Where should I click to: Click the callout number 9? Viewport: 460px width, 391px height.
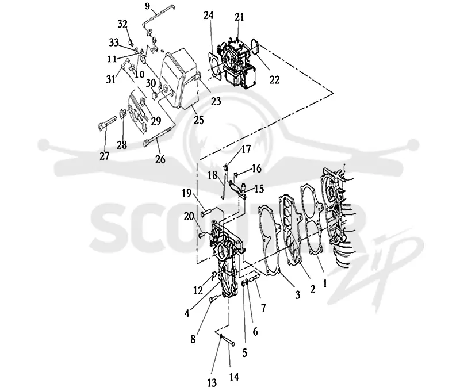(x=147, y=6)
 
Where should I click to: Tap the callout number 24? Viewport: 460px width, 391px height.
(x=209, y=16)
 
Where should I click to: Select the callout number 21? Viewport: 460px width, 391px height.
(x=239, y=17)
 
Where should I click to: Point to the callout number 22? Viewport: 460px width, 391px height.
(x=275, y=80)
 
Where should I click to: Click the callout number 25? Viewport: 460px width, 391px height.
(x=199, y=120)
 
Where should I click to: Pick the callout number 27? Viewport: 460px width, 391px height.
(x=105, y=156)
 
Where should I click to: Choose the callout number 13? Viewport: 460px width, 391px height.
(x=212, y=382)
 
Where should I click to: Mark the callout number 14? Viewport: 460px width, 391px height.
(x=234, y=377)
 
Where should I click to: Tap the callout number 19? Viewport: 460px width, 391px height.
(x=186, y=193)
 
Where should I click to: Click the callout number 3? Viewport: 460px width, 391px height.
(x=298, y=294)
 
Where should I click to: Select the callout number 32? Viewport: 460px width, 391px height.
(x=122, y=24)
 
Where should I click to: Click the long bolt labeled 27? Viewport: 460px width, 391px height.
(x=107, y=123)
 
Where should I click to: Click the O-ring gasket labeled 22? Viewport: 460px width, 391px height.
(x=255, y=47)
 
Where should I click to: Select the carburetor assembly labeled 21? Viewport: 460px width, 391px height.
(x=237, y=63)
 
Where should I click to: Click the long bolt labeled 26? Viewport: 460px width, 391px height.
(x=157, y=136)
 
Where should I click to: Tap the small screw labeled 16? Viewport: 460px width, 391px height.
(x=236, y=175)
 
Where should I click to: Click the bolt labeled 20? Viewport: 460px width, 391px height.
(x=204, y=235)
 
